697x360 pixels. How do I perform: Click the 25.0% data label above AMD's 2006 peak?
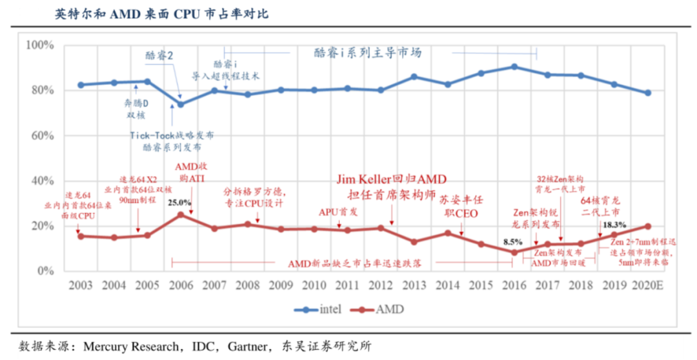click(179, 203)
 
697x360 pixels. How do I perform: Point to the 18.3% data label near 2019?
click(614, 225)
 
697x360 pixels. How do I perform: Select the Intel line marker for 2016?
click(514, 66)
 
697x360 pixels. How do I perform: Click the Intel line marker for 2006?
click(181, 105)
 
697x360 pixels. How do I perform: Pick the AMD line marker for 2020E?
click(648, 226)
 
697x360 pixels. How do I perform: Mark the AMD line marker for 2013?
click(414, 242)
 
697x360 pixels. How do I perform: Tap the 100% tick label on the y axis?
click(40, 45)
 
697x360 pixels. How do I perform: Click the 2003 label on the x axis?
click(80, 285)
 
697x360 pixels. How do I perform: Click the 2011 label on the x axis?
click(347, 285)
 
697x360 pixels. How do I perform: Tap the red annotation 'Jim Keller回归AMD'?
click(392, 179)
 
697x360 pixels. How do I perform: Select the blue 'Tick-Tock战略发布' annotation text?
click(172, 135)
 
